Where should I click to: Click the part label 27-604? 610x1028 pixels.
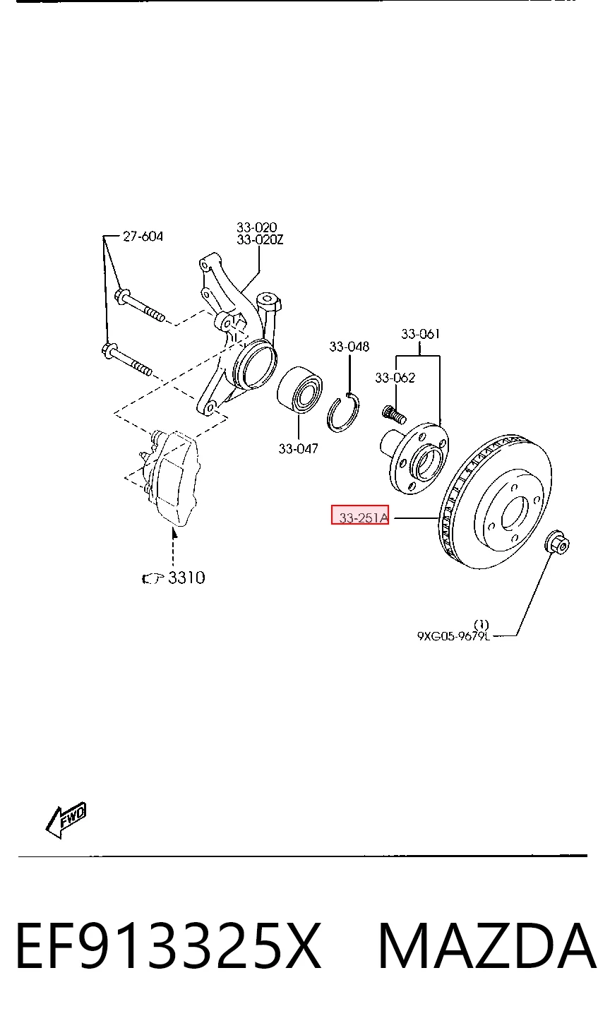(143, 237)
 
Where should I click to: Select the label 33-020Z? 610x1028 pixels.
(260, 239)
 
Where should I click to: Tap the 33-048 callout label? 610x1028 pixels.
(349, 347)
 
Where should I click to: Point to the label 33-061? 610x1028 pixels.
(421, 334)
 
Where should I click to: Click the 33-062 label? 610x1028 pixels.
(395, 378)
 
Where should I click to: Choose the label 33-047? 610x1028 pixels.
(298, 448)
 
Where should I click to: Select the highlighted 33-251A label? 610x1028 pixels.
(364, 518)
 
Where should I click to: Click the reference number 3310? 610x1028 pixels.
(186, 578)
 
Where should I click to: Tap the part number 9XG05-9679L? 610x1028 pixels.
(453, 636)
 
